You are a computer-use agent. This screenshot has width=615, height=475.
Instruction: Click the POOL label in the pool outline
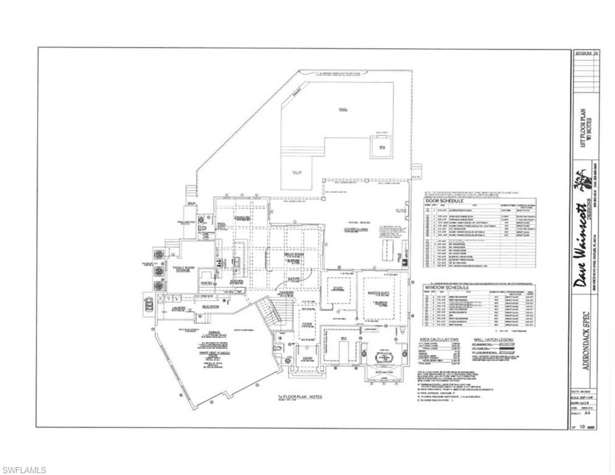tap(343, 109)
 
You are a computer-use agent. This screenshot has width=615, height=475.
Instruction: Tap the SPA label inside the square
tap(381, 147)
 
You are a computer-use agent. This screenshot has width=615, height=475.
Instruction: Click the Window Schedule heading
tap(455, 288)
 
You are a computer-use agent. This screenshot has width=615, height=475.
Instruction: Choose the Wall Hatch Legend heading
tap(494, 340)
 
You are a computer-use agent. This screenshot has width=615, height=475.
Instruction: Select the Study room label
tap(338, 289)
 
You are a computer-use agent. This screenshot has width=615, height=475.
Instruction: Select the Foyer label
tap(305, 322)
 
